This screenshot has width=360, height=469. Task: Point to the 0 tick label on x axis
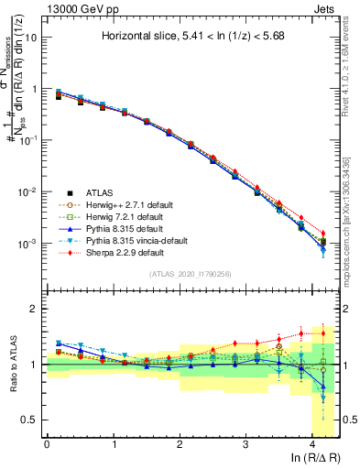[47, 443]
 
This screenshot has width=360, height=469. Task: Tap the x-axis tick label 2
[180, 443]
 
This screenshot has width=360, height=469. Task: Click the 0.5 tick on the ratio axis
[31, 420]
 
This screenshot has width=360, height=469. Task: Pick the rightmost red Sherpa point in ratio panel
[323, 333]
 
